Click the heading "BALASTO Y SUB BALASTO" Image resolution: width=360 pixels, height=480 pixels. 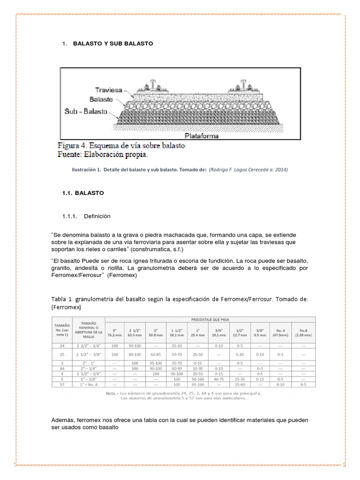coord(113,44)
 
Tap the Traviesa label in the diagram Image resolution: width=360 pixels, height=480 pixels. coord(109,90)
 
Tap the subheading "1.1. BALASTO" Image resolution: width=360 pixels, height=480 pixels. coord(83,193)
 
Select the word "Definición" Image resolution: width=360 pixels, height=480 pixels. coord(97,216)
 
